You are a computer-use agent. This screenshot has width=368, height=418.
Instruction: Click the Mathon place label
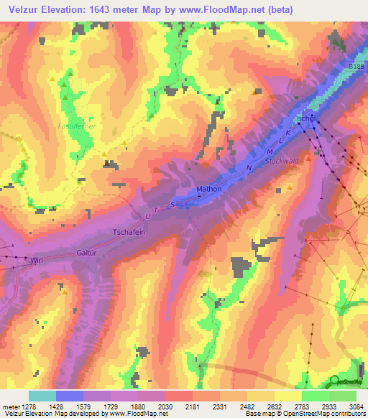coord(209,190)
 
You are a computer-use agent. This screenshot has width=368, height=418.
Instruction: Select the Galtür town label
coord(86,253)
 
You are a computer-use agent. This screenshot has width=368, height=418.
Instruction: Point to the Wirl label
coord(38,261)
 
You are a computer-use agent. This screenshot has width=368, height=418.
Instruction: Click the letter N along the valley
coord(249,167)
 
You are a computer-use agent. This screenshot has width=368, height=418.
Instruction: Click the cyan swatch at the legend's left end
coord(42,396)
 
